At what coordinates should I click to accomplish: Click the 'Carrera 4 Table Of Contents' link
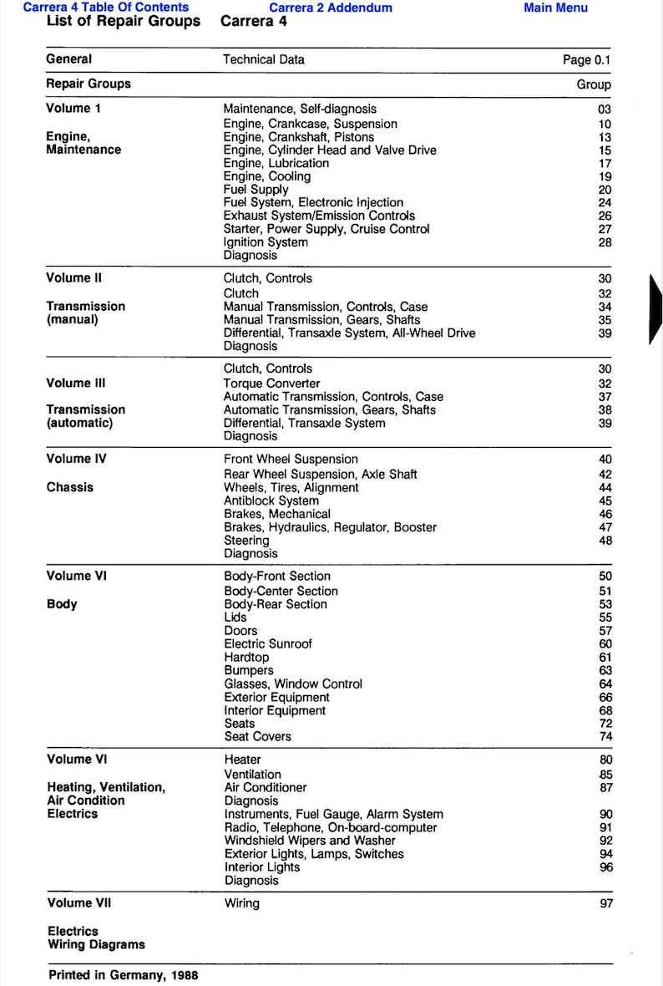click(x=106, y=8)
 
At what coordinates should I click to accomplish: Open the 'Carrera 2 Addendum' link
click(x=330, y=8)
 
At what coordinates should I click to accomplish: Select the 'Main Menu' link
click(x=555, y=8)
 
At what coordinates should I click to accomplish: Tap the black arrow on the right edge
click(x=655, y=308)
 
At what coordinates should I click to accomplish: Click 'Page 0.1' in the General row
click(x=587, y=60)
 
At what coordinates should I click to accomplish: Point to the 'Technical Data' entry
click(x=264, y=60)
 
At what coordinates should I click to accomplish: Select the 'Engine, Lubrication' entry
click(x=276, y=164)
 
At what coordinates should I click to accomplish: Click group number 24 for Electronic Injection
click(x=605, y=203)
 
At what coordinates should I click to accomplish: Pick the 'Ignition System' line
click(x=266, y=242)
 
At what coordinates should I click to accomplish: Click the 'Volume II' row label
click(x=74, y=278)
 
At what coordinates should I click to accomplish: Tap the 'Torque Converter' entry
click(x=271, y=384)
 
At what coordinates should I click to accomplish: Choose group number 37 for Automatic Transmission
click(x=605, y=397)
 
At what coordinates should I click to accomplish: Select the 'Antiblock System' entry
click(x=271, y=501)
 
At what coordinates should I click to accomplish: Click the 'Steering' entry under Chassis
click(x=246, y=541)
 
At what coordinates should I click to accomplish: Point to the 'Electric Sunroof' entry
click(x=268, y=644)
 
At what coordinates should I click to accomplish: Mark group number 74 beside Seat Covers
click(x=605, y=737)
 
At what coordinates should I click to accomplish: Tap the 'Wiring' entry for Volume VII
click(x=242, y=903)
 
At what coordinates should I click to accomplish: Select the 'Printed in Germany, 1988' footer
click(x=124, y=975)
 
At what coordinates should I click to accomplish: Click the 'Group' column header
click(x=594, y=84)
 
